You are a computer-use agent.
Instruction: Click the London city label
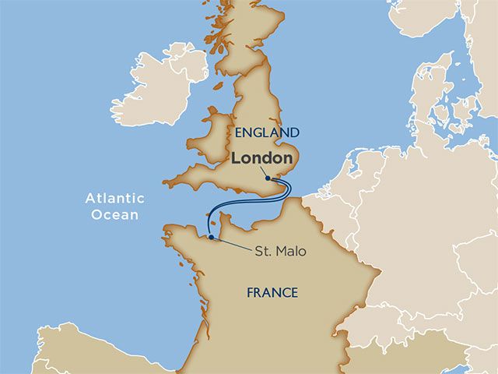point(261,157)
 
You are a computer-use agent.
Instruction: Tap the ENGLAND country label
point(266,132)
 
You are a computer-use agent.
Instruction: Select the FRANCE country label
point(272,293)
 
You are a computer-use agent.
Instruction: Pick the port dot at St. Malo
point(211,237)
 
